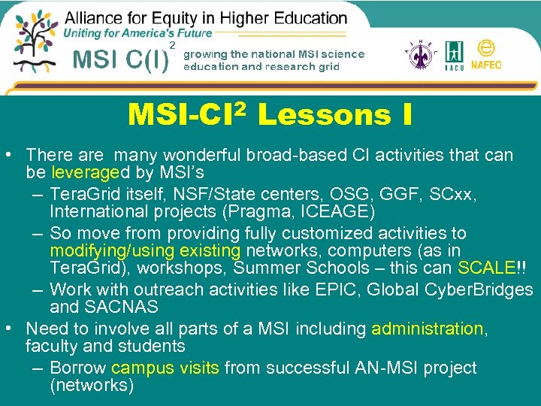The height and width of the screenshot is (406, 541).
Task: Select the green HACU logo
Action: coord(453,56)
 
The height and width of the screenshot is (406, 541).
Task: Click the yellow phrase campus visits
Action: coord(165,368)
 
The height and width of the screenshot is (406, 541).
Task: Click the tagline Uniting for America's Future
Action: coord(138,33)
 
